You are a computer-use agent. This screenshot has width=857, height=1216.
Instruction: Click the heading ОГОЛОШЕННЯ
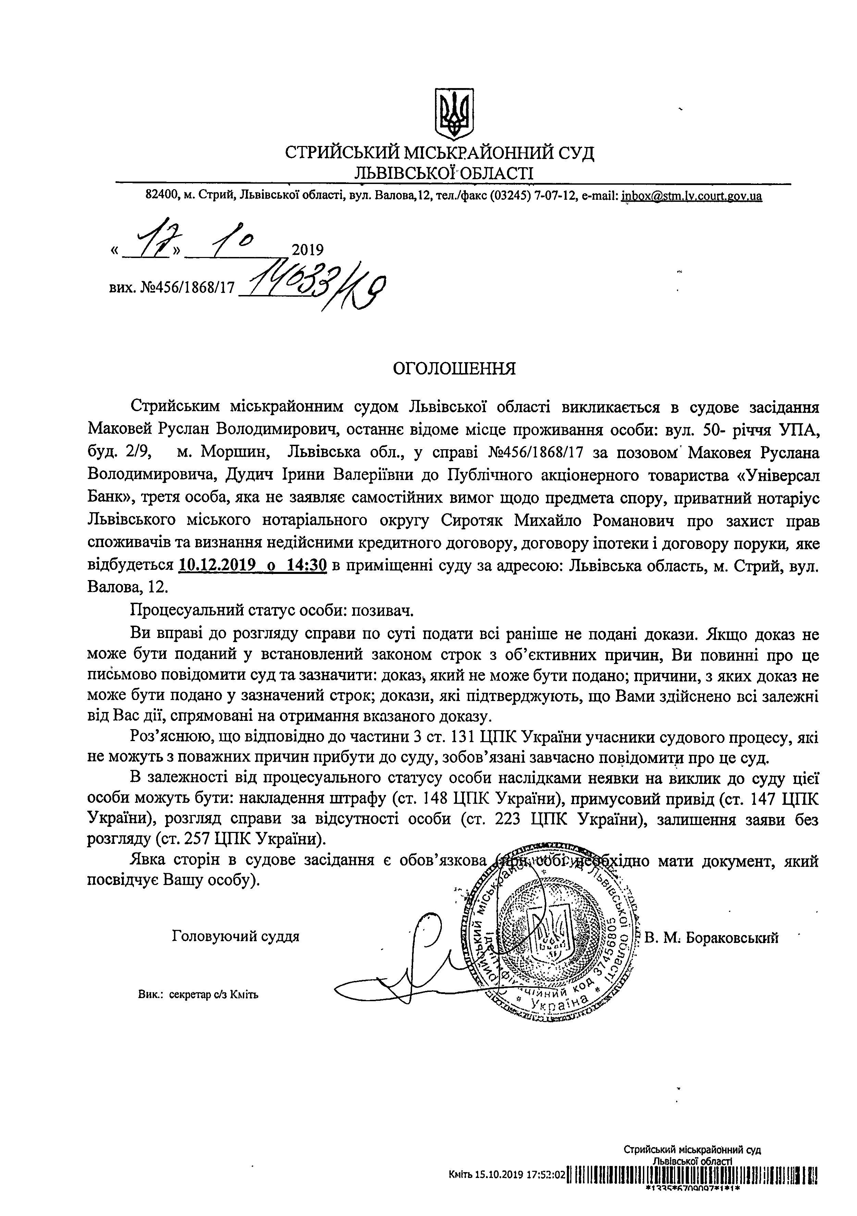point(454,368)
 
